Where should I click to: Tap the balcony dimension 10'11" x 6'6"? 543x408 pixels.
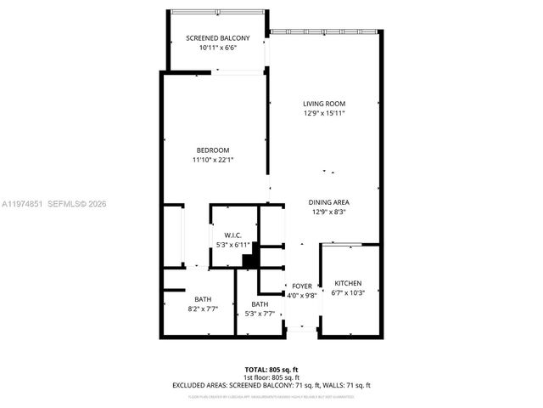tap(218, 48)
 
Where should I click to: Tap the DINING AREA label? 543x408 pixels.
tap(329, 202)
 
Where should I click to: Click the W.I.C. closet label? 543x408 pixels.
tap(233, 235)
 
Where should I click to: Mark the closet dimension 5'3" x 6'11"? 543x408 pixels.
tap(233, 245)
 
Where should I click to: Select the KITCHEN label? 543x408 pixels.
tap(348, 283)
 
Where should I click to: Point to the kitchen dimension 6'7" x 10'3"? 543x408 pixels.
tap(348, 293)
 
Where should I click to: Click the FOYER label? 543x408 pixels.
tap(302, 286)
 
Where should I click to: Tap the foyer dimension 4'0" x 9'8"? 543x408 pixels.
tap(302, 296)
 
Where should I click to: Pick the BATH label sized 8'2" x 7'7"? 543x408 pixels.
tap(203, 299)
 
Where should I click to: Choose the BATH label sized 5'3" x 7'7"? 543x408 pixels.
tap(260, 304)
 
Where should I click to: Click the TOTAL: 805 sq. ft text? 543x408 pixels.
tap(271, 369)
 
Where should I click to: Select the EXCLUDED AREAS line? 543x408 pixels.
tap(271, 385)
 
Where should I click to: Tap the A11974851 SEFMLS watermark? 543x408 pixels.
tap(54, 204)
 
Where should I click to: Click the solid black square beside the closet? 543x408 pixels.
tap(249, 261)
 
